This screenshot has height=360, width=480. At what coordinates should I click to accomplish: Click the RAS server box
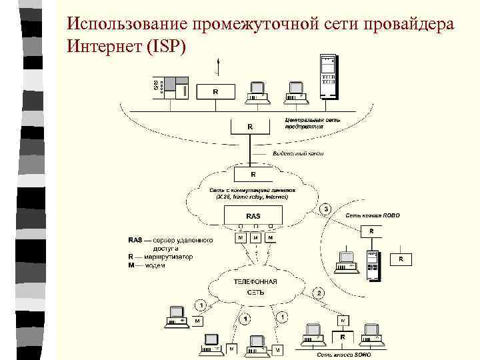pos(253,216)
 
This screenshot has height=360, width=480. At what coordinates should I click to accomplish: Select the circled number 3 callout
pos(326,209)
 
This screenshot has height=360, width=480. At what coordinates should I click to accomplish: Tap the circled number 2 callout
pos(319,293)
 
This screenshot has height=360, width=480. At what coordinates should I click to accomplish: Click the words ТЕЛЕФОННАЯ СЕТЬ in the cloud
pos(255,287)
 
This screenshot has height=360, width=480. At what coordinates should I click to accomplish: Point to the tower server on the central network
pos(328,75)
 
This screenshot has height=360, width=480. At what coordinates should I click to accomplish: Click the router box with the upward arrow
pos(215,91)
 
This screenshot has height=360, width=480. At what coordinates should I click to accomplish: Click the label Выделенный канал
pos(297,153)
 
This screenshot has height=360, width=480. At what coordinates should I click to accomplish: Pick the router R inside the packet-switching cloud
pos(252,174)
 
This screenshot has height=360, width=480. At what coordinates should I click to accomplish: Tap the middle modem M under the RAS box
pos(254,237)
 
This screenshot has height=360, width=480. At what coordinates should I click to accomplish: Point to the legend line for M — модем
pos(147,265)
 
